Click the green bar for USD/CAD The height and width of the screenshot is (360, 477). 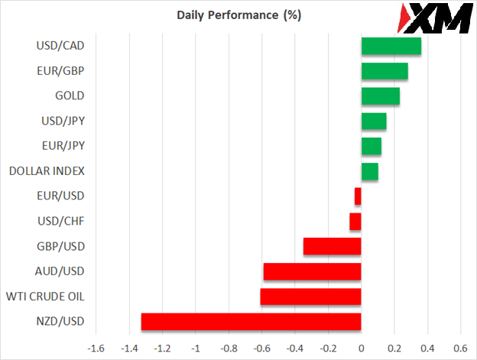(391, 46)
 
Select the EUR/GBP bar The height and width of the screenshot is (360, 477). (384, 71)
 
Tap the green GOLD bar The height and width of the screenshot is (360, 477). (380, 96)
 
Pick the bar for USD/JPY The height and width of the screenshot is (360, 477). (373, 121)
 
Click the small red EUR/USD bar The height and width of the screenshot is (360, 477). (358, 196)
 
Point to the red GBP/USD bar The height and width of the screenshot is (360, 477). (332, 246)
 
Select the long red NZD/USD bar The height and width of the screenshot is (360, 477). (251, 321)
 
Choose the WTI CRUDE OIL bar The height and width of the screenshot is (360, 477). (310, 297)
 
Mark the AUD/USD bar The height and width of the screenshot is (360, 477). (312, 271)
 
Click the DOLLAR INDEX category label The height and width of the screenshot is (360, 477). (46, 171)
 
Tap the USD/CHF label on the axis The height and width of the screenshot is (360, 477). (62, 222)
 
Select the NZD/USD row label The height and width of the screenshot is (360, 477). (61, 322)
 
